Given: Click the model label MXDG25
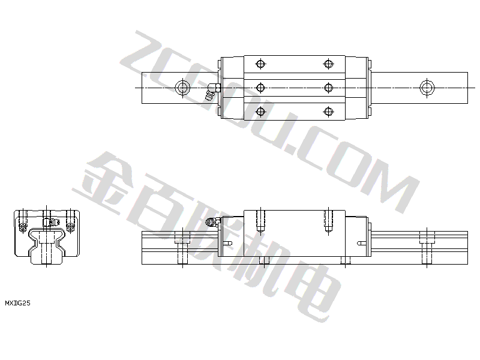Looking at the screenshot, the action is coord(18,303).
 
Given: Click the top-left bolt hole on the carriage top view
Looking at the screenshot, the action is coord(260,64).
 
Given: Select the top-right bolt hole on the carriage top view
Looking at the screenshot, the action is coord(328,64).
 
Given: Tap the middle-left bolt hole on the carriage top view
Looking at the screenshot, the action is coord(260,88).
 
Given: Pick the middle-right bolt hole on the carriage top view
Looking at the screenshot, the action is coord(328,88).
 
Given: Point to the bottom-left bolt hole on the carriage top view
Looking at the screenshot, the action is coord(260,112).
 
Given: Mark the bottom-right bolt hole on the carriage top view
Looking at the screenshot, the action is coord(328,112).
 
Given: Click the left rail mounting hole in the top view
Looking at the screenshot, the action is coord(182,88).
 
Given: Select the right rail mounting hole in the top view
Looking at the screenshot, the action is coord(427,88).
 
